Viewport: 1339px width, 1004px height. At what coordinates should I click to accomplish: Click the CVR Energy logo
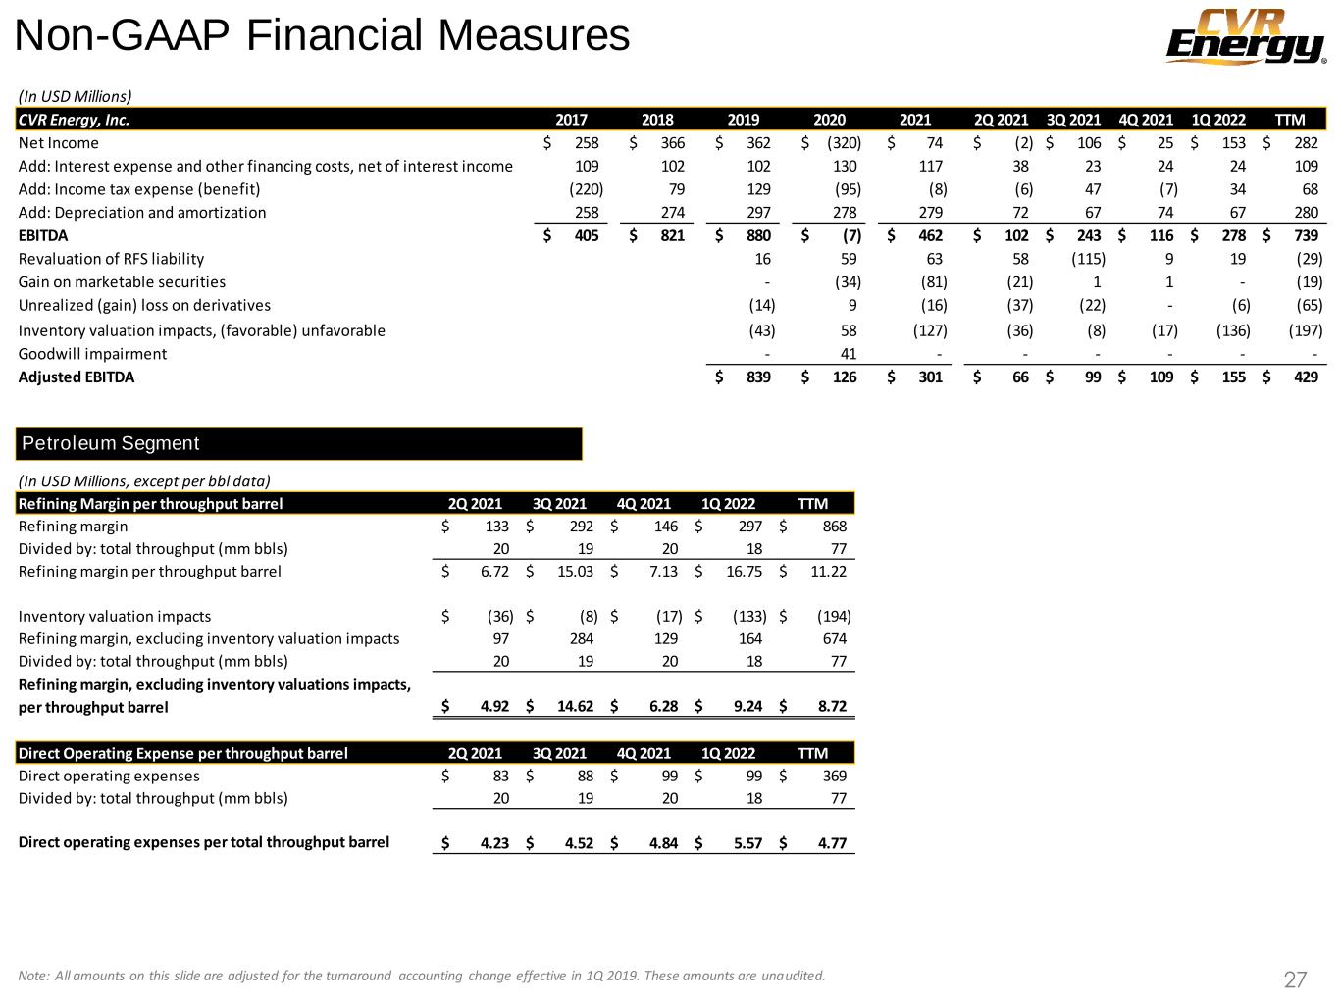[x=1244, y=36]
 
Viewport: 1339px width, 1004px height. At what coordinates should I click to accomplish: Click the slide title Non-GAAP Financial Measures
[x=323, y=36]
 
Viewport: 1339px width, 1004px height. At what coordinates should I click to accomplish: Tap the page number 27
[x=1295, y=979]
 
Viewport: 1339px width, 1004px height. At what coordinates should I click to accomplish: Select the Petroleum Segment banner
[x=300, y=443]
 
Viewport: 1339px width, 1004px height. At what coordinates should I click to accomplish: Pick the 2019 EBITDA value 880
[x=757, y=235]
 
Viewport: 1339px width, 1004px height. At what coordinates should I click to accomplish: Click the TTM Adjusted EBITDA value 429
[x=1306, y=376]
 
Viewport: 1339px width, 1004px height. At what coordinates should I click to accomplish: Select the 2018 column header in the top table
[x=657, y=120]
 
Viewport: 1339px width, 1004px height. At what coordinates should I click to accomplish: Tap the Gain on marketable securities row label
[x=122, y=282]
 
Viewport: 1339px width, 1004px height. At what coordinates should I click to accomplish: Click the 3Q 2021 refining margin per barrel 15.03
[x=575, y=571]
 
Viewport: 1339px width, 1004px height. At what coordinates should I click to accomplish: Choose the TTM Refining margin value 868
[x=834, y=527]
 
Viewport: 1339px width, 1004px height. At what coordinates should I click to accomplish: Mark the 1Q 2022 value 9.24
[x=747, y=707]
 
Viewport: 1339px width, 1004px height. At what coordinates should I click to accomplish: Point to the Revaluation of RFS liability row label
[x=111, y=259]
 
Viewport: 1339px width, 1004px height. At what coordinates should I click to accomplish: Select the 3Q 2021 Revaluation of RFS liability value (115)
[x=1088, y=259]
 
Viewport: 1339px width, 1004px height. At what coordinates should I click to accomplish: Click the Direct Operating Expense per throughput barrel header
[x=183, y=753]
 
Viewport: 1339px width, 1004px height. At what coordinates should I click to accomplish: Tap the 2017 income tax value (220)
[x=586, y=189]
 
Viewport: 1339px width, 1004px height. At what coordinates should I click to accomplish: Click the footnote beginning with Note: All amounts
[x=422, y=975]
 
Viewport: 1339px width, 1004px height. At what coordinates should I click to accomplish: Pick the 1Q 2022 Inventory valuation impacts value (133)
[x=749, y=616]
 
